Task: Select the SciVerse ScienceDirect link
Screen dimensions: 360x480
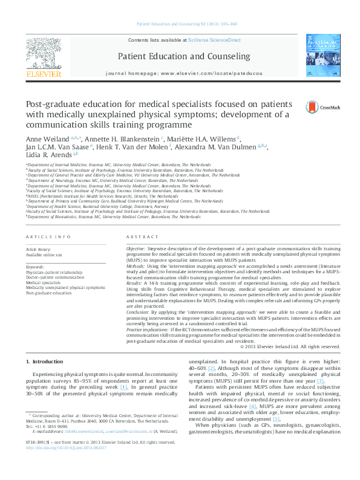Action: (x=214, y=40)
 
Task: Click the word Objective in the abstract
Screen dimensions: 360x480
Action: (x=135, y=249)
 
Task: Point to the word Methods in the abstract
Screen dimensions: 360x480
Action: (x=135, y=265)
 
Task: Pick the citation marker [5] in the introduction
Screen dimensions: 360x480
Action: (x=277, y=419)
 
